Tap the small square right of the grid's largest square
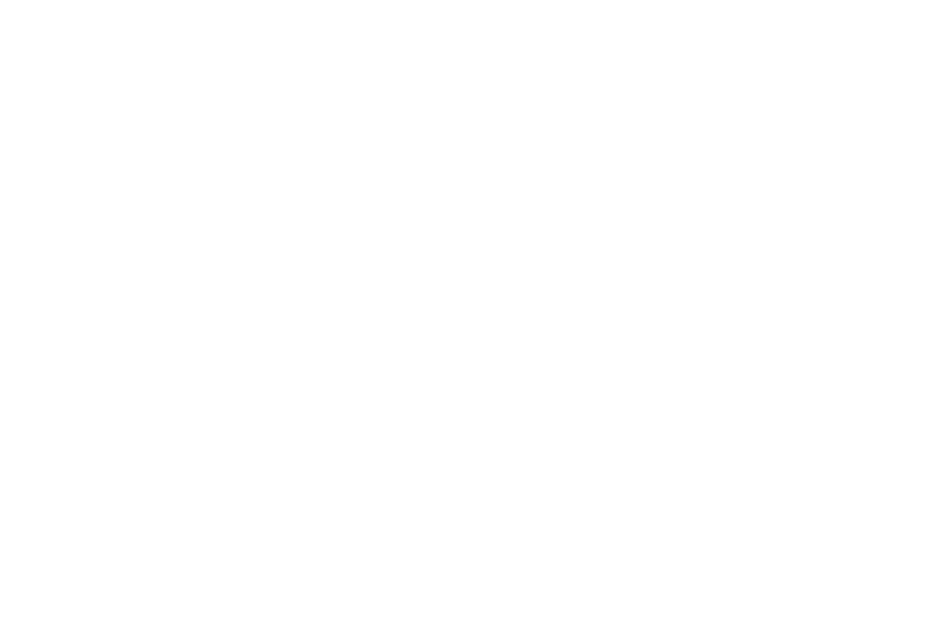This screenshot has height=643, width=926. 888,195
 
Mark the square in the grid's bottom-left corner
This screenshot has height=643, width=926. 653,332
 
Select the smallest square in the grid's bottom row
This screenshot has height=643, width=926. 734,334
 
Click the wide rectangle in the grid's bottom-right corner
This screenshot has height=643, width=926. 848,341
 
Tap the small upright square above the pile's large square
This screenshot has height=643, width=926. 233,375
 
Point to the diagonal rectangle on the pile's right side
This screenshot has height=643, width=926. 378,471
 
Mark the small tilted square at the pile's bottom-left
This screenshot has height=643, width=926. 105,513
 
